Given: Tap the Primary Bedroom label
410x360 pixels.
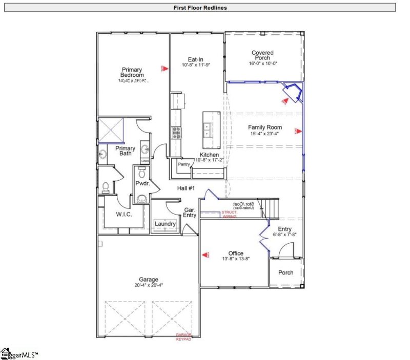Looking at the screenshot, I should [132, 73].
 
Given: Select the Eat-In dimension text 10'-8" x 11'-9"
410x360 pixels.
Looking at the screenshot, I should [196, 66].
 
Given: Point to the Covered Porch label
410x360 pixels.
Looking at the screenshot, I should [262, 55].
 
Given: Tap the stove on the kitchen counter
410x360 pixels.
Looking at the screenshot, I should [176, 133].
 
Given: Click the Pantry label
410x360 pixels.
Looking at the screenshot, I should [184, 164].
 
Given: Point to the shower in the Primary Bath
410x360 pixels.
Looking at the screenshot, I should [112, 130].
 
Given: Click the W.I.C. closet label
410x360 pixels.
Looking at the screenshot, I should [124, 214].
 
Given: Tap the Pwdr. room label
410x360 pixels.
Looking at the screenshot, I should [142, 183].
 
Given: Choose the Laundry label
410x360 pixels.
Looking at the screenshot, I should [166, 224].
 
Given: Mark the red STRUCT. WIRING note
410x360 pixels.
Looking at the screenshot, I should [229, 214].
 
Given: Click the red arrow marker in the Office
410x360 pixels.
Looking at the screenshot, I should [206, 253].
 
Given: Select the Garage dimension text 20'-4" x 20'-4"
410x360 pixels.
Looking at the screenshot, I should [147, 285].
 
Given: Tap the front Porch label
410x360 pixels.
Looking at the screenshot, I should [285, 272].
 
